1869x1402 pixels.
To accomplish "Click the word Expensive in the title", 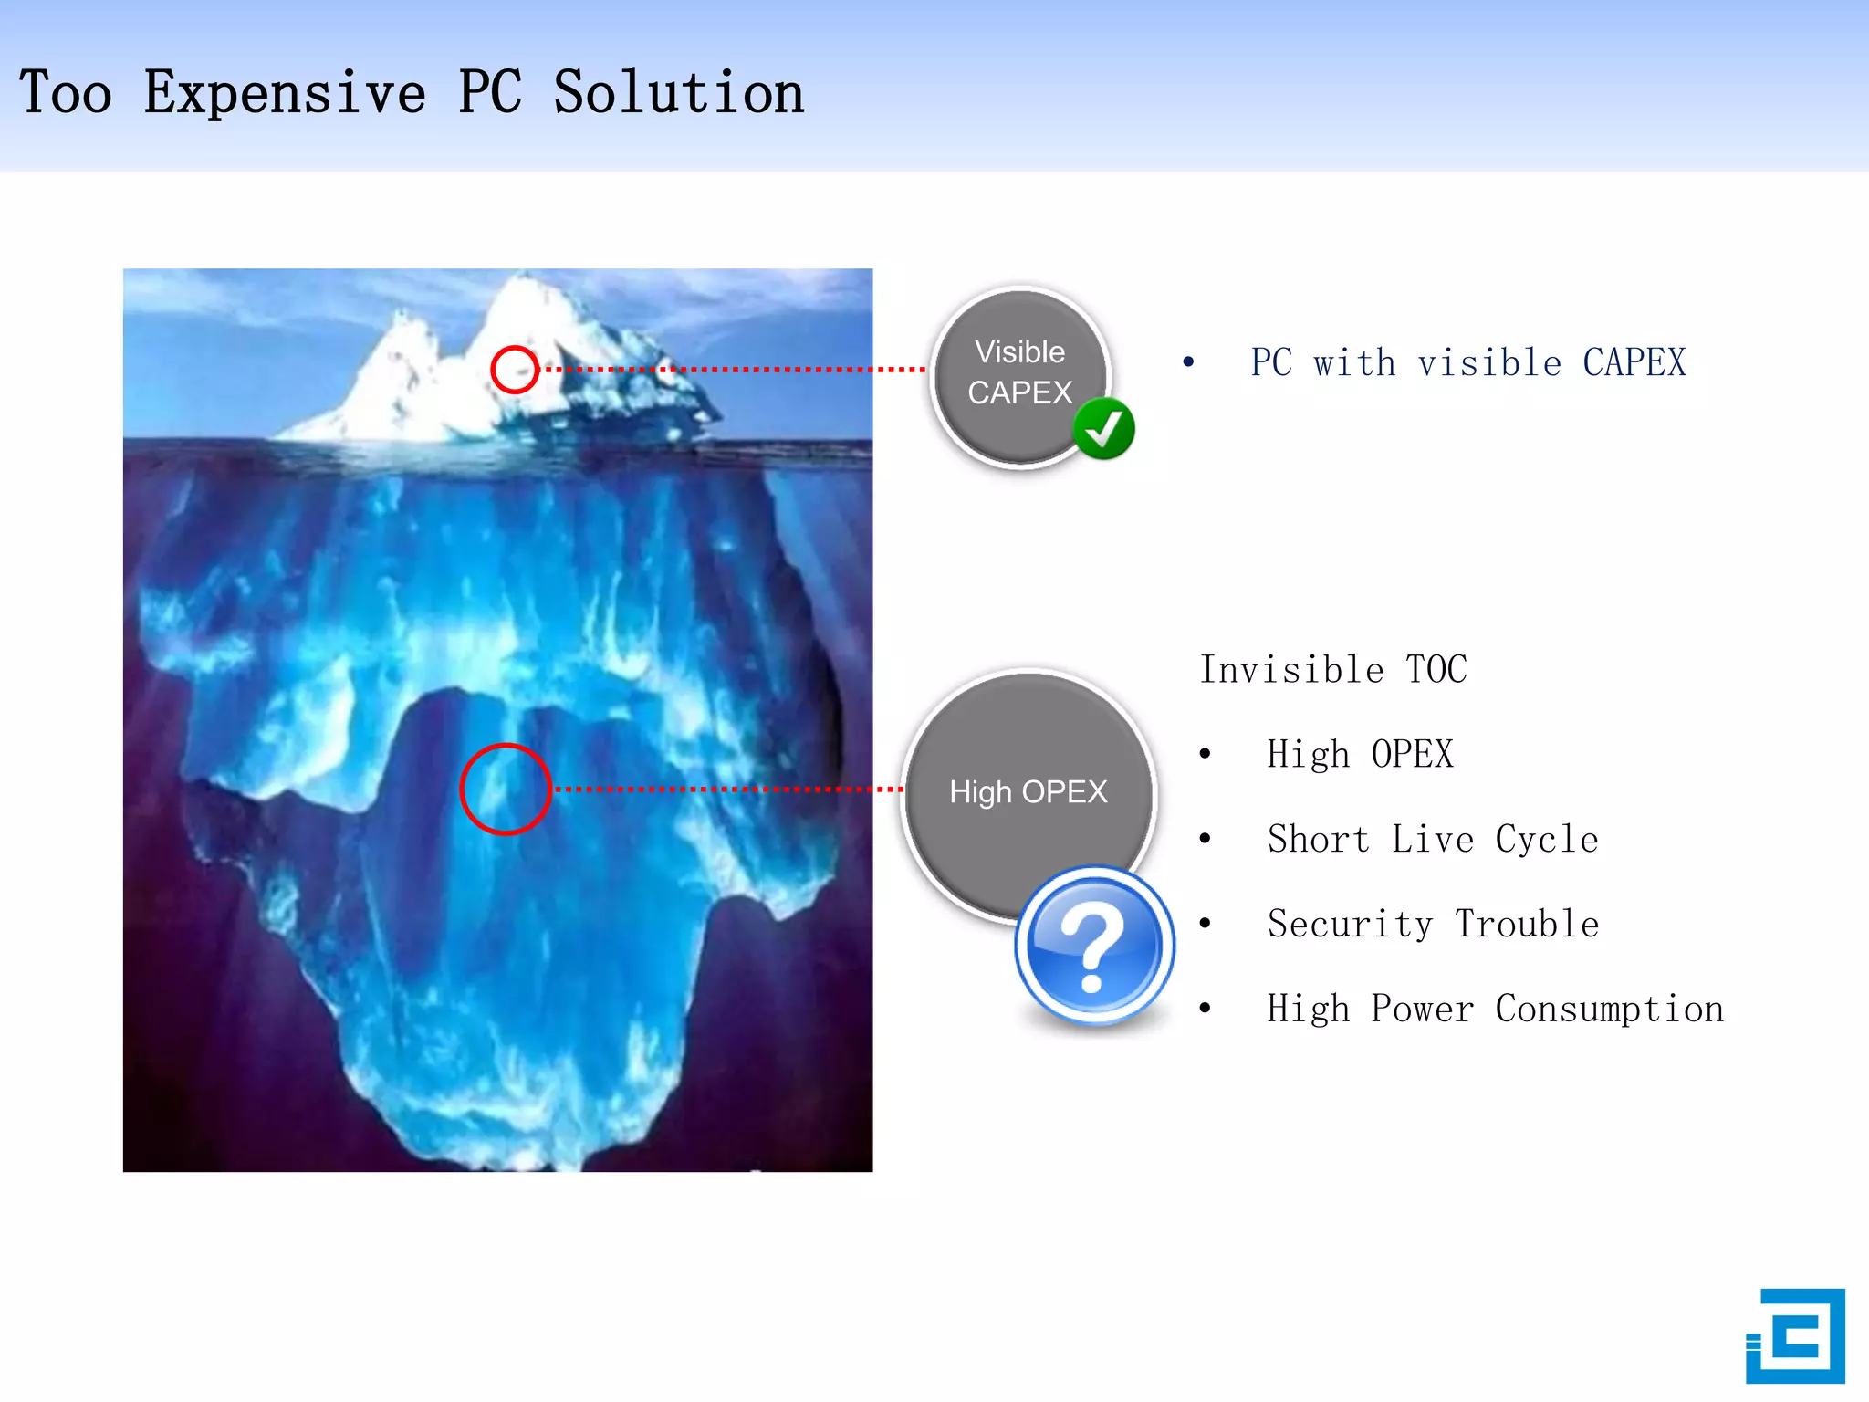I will pyautogui.click(x=285, y=93).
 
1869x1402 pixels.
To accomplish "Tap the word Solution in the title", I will pyautogui.click(x=679, y=93).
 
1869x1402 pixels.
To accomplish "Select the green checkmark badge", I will pyautogui.click(x=1103, y=428).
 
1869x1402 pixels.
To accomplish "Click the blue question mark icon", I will pyautogui.click(x=1094, y=945).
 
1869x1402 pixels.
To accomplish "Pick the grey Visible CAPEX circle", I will pyautogui.click(x=1018, y=373).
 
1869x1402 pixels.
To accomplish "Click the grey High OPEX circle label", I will pyautogui.click(x=1028, y=791).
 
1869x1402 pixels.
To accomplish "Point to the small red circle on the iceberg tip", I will pyautogui.click(x=514, y=370).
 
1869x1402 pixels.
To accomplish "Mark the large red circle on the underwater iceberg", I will pyautogui.click(x=505, y=789).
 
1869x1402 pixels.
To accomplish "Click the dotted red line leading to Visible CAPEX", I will pyautogui.click(x=730, y=370).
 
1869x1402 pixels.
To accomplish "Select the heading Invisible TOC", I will pyautogui.click(x=1332, y=669).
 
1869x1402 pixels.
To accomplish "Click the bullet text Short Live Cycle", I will pyautogui.click(x=1432, y=839).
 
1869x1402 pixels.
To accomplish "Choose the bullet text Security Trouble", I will pyautogui.click(x=1432, y=924).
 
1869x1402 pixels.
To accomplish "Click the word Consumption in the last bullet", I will pyautogui.click(x=1609, y=1009).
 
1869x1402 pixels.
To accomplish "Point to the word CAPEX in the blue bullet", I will pyautogui.click(x=1634, y=362).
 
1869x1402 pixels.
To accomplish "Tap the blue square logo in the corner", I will pyautogui.click(x=1795, y=1335).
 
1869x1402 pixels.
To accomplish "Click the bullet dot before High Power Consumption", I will pyautogui.click(x=1206, y=1009).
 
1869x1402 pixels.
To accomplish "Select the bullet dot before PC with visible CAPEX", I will pyautogui.click(x=1188, y=362).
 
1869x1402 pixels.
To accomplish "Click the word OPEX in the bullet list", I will pyautogui.click(x=1412, y=754).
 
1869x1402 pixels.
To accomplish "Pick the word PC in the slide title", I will pyautogui.click(x=490, y=93).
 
